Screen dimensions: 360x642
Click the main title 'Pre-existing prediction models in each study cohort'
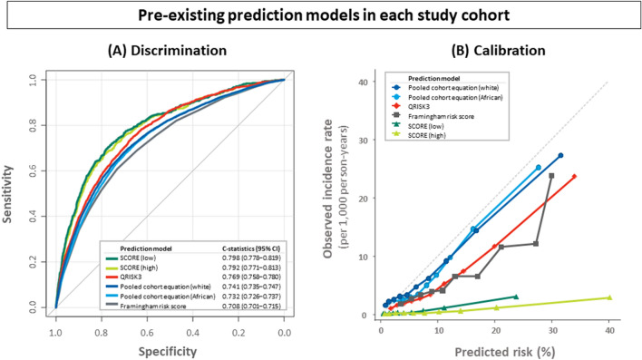pyautogui.click(x=320, y=15)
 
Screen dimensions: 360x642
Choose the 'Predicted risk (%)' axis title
pyautogui.click(x=494, y=346)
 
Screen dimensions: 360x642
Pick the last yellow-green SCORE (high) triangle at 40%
pyautogui.click(x=609, y=297)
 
